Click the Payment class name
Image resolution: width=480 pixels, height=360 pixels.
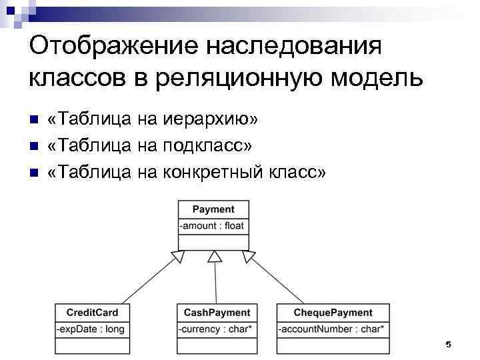click(x=213, y=209)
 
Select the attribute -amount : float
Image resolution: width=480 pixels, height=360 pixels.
click(x=213, y=226)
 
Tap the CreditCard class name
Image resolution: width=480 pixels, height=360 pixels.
click(x=92, y=312)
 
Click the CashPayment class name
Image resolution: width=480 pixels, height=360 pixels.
click(x=217, y=312)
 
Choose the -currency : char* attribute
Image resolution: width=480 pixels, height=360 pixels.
click(x=214, y=329)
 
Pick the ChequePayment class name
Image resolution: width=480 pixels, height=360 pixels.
click(x=333, y=312)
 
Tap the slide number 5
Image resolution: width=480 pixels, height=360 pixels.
click(x=448, y=344)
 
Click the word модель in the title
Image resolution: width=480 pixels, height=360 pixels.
click(x=379, y=78)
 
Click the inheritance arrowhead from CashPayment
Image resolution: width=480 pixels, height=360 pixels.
click(x=214, y=257)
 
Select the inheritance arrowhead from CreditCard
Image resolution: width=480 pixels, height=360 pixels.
click(x=178, y=256)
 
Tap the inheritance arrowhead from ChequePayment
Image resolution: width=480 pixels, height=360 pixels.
click(x=249, y=256)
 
